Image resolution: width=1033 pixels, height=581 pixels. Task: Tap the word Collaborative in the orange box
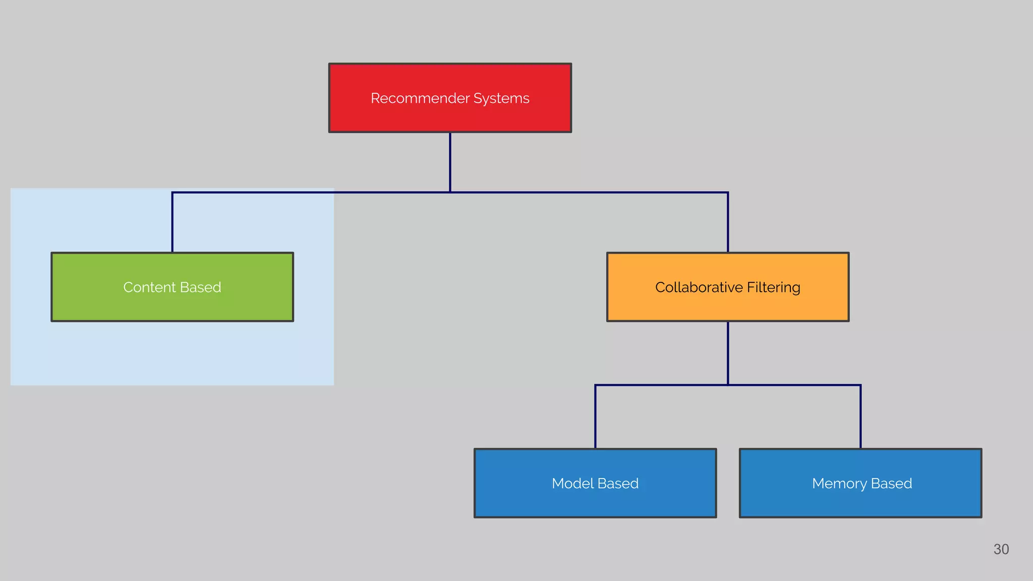[x=699, y=287]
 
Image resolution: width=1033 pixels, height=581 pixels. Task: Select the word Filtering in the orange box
[x=773, y=287]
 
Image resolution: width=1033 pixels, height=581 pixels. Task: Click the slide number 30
[x=1001, y=549]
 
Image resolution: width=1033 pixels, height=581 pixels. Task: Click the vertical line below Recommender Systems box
[x=450, y=161]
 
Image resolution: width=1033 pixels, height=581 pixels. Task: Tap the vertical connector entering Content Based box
[x=173, y=222]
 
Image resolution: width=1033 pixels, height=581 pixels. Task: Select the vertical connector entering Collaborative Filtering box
[x=728, y=222]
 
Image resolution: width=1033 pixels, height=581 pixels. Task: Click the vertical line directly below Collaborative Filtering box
[x=728, y=353]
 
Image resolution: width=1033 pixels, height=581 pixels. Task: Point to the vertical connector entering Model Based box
[x=595, y=417]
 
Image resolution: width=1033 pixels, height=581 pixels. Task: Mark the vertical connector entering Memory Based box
[x=860, y=417]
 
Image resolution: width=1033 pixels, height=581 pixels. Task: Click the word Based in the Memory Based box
[x=891, y=483]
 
